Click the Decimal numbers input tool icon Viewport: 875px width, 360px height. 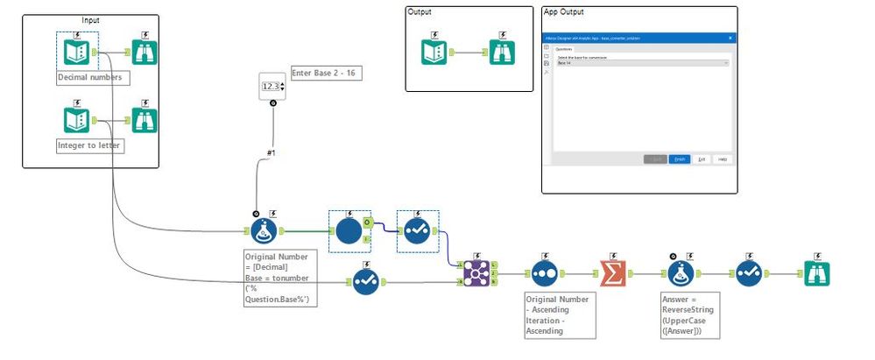[x=76, y=53]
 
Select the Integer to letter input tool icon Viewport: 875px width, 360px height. [x=76, y=120]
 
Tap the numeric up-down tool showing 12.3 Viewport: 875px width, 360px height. [x=272, y=86]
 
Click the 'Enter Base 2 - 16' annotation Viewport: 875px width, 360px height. [x=326, y=73]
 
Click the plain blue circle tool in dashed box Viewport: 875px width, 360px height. [x=349, y=231]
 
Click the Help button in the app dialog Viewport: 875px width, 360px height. [x=723, y=159]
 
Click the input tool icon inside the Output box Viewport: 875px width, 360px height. [x=434, y=53]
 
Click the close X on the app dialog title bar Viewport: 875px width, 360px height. [x=730, y=38]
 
